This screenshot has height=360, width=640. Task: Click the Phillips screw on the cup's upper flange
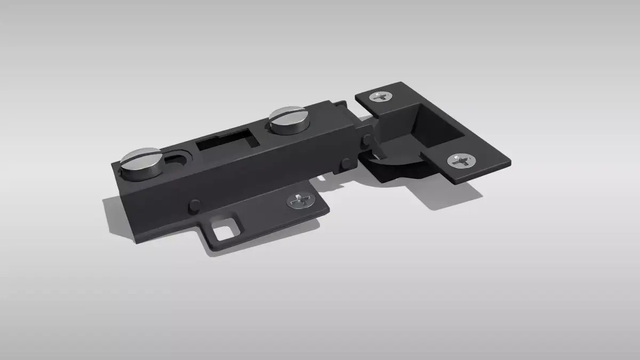(x=382, y=97)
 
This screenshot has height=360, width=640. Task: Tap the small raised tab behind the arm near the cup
(x=338, y=104)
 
